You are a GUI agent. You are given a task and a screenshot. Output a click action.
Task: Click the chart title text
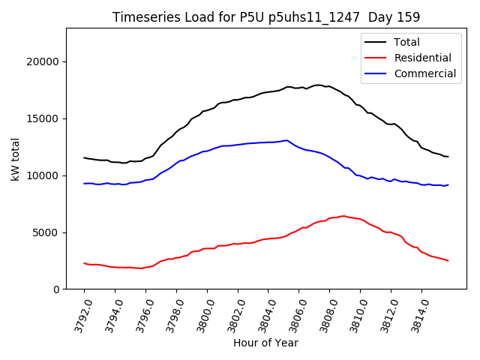pos(266,16)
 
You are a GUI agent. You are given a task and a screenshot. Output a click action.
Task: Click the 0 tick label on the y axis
pos(57,289)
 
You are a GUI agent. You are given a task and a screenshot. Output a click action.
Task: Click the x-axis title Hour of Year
pos(265,343)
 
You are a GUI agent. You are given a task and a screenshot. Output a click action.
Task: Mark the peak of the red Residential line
pos(344,216)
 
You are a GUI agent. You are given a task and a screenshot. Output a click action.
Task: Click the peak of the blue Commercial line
pos(286,140)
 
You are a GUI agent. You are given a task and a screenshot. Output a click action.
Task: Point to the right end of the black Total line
pos(448,157)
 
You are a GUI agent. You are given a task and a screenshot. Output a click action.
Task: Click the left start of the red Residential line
pos(84,263)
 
